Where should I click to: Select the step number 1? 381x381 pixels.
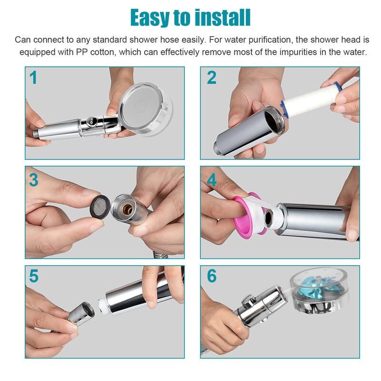point(33,78)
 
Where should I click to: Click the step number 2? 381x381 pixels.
point(211,78)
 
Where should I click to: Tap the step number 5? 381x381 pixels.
point(34,277)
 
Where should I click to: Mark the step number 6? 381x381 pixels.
point(212,277)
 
